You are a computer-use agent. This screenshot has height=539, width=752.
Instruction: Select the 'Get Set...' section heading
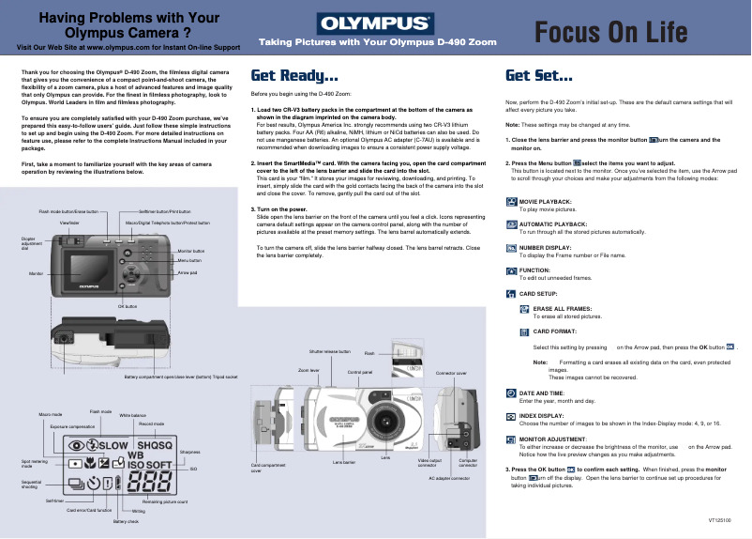pos(539,76)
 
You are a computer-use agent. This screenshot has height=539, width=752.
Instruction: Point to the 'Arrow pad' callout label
pos(188,271)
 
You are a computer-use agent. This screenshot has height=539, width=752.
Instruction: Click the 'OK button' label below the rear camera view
pos(128,306)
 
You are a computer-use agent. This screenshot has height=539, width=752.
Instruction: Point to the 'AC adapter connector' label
pos(448,478)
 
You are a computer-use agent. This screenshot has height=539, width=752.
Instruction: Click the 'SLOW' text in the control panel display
pos(113,444)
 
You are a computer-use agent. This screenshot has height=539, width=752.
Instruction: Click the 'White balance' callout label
pos(132,415)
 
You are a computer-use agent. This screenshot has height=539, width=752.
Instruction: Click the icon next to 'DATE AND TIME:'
pos(510,393)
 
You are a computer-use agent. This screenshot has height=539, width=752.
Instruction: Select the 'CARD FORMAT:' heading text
pos(554,331)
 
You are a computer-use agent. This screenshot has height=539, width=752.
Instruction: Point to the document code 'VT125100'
pos(720,519)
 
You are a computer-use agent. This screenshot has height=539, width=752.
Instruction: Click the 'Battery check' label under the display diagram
pos(126,521)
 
